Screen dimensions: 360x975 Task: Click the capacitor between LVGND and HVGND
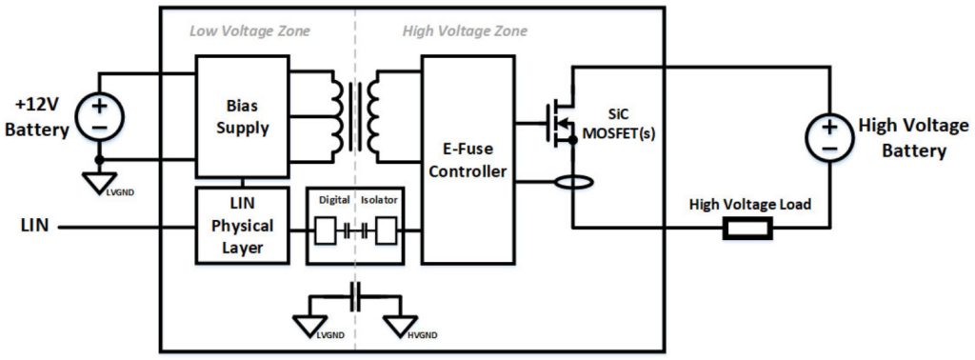(x=356, y=295)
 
